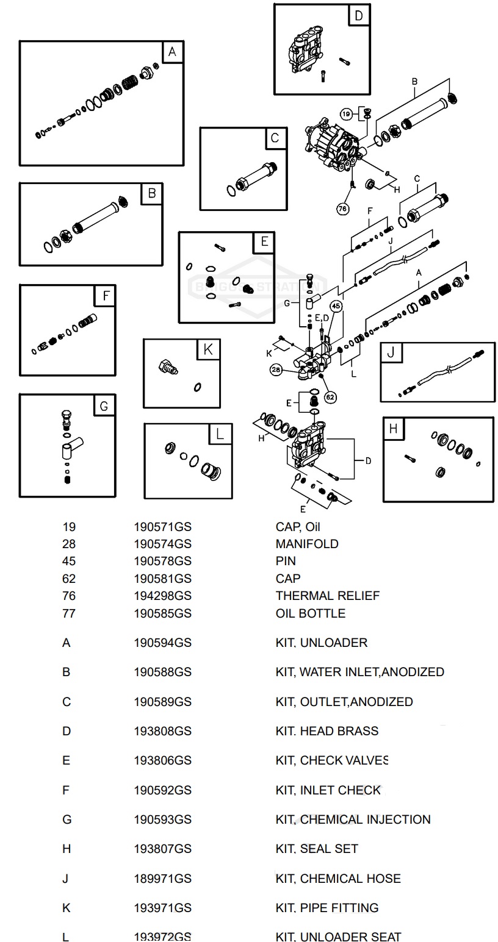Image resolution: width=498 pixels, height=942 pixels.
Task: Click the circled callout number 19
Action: pos(346,114)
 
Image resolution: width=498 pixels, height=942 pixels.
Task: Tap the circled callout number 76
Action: pos(344,208)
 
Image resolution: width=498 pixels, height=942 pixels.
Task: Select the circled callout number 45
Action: pos(337,306)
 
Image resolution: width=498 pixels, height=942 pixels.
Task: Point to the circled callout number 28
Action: pos(277,369)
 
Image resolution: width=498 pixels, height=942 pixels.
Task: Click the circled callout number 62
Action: pos(330,396)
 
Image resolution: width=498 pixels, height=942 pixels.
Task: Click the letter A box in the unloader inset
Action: pos(172,52)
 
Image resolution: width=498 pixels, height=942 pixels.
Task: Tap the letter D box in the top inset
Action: pos(358,16)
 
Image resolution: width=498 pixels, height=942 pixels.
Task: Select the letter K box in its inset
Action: pos(208,350)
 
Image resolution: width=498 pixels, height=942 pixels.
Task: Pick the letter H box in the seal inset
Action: pos(393,429)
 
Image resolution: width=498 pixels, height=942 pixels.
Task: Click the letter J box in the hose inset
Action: pos(391,353)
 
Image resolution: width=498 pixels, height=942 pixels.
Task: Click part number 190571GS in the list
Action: pos(162,526)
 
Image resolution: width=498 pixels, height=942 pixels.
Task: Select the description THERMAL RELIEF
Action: pos(327,596)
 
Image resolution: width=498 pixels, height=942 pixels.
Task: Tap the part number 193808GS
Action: pos(162,730)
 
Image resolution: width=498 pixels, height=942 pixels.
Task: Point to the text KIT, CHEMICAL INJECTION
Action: pos(353,819)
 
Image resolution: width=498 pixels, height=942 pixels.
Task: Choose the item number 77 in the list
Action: pos(69,613)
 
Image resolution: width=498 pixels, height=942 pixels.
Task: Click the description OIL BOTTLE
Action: pos(310,613)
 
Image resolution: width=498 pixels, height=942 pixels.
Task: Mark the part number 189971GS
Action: pos(162,878)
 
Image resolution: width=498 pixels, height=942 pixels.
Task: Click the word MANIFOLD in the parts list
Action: pos(306,543)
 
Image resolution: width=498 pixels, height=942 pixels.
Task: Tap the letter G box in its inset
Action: pos(104,405)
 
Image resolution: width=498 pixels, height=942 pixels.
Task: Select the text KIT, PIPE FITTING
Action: pos(327,907)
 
